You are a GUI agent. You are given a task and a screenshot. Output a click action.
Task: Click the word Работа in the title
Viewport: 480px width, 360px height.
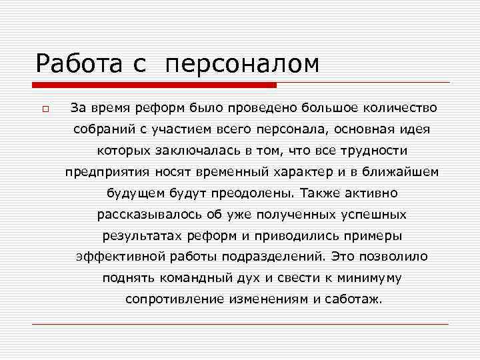[79, 64]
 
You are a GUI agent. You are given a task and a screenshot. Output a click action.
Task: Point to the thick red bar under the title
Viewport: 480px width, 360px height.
[154, 85]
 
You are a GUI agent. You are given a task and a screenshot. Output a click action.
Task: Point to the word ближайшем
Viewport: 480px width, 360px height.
[399, 172]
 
